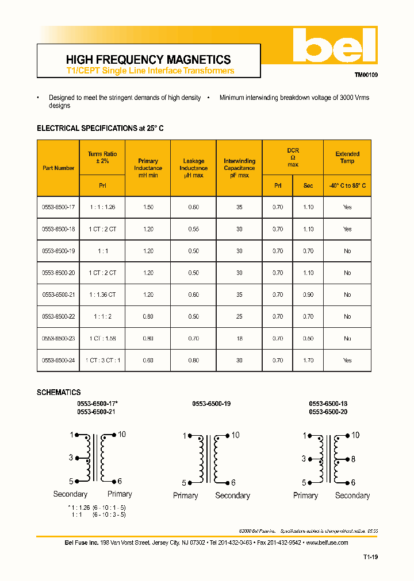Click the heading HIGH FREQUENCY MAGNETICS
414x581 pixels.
(148, 60)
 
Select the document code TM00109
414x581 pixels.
(366, 75)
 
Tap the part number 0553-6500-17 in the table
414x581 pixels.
(59, 207)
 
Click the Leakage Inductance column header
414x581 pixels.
(193, 168)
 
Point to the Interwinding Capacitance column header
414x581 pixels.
(239, 168)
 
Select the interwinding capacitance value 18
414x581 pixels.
(239, 339)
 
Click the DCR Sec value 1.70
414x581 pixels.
(308, 361)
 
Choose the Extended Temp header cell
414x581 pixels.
(347, 157)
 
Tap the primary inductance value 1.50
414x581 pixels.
(148, 207)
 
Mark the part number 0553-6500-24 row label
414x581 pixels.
(59, 361)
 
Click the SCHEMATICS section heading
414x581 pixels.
(59, 393)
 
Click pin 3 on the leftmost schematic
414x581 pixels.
(71, 458)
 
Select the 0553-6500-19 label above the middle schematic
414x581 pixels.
(211, 404)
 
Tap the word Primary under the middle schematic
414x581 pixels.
(185, 495)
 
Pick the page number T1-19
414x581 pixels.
(370, 557)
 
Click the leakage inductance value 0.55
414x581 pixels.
(193, 229)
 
